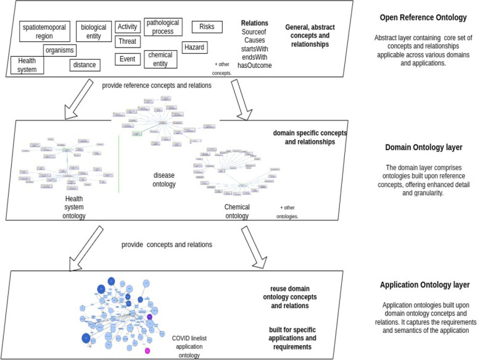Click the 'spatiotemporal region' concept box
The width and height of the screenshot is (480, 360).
tap(43, 31)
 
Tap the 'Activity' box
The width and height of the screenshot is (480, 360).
tap(126, 27)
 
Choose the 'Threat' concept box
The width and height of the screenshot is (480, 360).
tap(126, 42)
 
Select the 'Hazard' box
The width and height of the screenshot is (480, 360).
tap(194, 47)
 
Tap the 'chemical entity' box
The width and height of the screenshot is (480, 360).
tap(160, 59)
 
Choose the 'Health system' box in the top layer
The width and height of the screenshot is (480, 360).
tap(27, 65)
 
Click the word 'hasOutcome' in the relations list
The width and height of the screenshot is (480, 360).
tap(254, 65)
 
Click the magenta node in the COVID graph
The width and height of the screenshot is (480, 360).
tap(147, 350)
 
